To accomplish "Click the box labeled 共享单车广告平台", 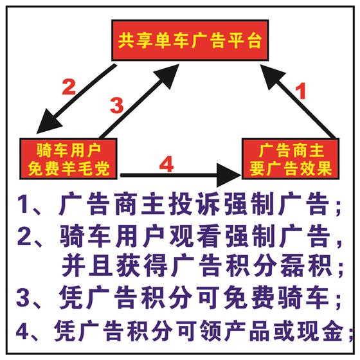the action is pyautogui.click(x=190, y=40).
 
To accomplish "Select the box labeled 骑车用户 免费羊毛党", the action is pyautogui.click(x=68, y=159).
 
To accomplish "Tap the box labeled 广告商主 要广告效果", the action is pyautogui.click(x=291, y=159).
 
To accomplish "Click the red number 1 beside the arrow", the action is pyautogui.click(x=301, y=91).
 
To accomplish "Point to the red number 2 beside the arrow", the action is pyautogui.click(x=69, y=87).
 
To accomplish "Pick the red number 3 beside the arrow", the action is pyautogui.click(x=116, y=105).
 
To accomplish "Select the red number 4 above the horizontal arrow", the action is pyautogui.click(x=166, y=164).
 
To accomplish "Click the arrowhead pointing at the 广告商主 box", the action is pyautogui.click(x=229, y=175).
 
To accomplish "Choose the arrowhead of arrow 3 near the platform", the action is pyautogui.click(x=168, y=75).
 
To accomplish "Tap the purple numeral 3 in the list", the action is pyautogui.click(x=23, y=298).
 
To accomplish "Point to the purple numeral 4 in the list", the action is pyautogui.click(x=23, y=331).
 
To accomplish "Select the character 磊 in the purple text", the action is pyautogui.click(x=293, y=267).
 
